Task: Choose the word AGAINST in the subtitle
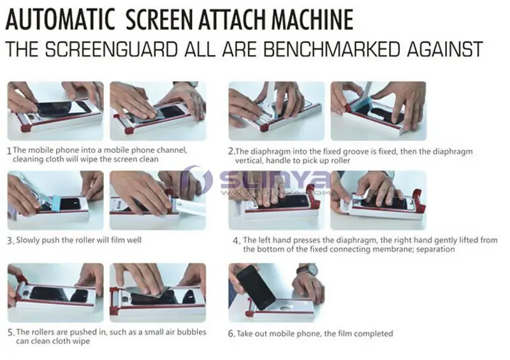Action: (442, 50)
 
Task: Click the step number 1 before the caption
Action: (9, 151)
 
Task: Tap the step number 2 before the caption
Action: (231, 152)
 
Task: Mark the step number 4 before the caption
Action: (236, 241)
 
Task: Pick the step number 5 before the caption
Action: (10, 332)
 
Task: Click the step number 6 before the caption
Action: (231, 333)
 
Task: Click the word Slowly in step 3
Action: (28, 240)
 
